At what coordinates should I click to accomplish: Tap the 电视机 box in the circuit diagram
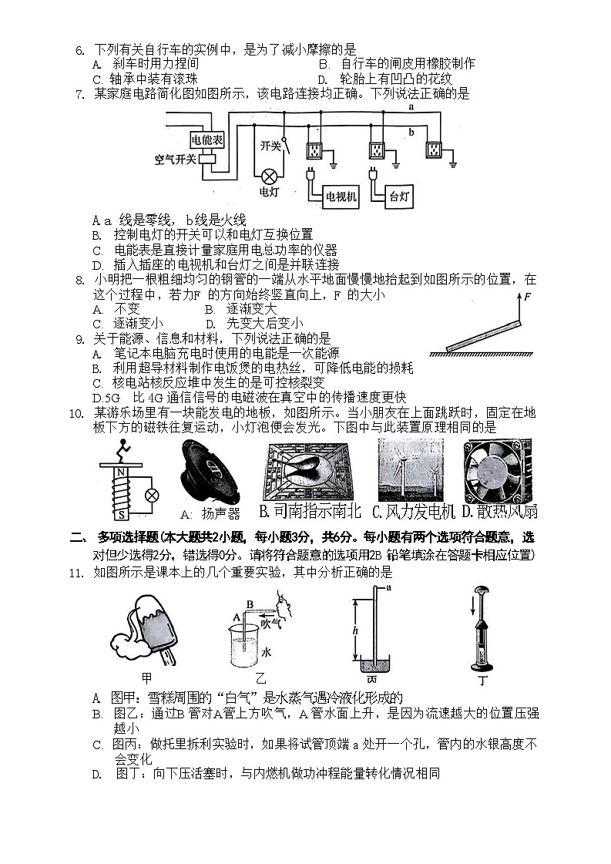341,197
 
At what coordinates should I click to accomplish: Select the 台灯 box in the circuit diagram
398,197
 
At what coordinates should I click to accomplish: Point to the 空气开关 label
175,160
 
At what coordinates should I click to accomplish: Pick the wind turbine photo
410,470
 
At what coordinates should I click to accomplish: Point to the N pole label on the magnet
119,473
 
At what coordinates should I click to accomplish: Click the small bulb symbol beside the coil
153,494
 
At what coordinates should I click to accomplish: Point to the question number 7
79,94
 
